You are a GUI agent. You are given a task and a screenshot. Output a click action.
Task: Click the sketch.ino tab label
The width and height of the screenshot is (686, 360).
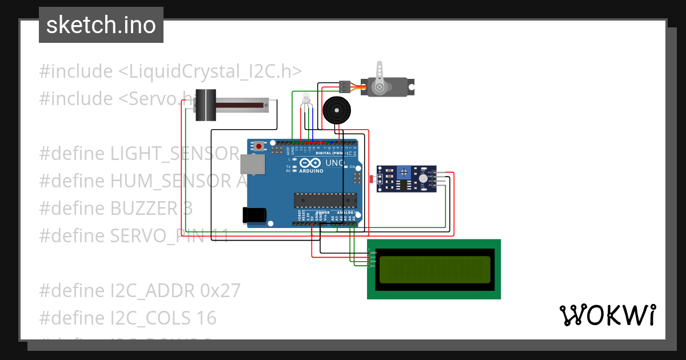(101, 25)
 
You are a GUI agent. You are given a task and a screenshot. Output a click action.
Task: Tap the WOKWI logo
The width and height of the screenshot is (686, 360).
(607, 315)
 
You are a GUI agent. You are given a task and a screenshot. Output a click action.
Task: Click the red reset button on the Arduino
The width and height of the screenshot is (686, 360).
(259, 147)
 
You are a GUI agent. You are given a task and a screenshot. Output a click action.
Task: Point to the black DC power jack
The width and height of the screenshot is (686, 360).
(253, 215)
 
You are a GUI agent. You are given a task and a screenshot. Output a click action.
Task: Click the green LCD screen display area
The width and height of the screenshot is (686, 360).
(434, 269)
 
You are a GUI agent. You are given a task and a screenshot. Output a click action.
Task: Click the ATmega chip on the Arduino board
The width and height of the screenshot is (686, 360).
(325, 201)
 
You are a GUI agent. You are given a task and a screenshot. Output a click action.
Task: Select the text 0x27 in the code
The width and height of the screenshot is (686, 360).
(221, 291)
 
